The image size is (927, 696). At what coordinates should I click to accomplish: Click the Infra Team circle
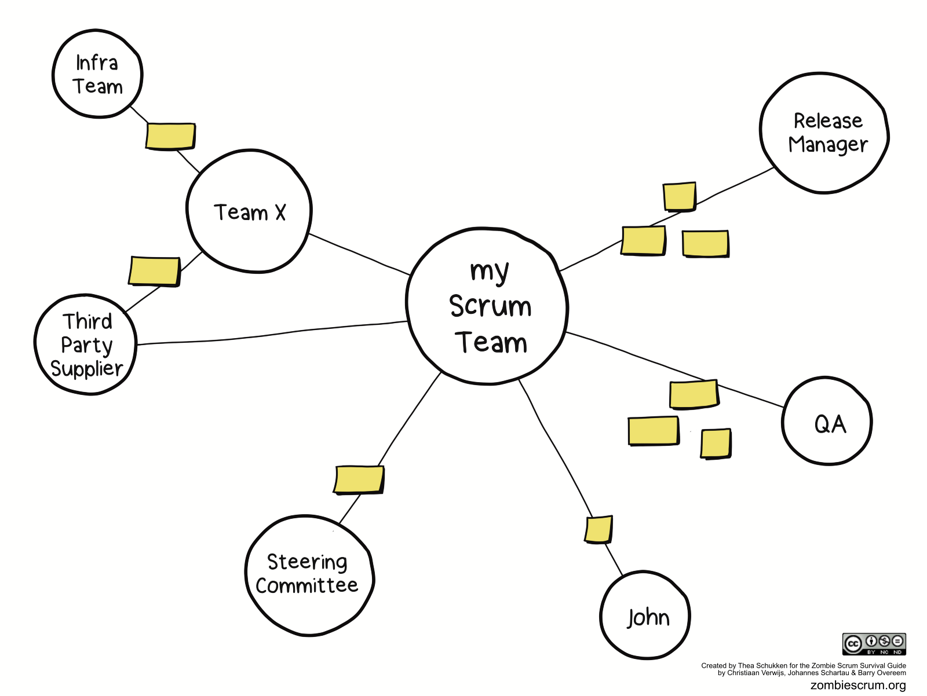97,74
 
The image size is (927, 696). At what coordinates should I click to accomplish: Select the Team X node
249,211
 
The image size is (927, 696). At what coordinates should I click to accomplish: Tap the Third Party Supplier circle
86,345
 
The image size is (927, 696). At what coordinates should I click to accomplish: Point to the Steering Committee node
309,576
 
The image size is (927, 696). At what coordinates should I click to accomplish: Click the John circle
645,616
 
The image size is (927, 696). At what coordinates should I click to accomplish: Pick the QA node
827,421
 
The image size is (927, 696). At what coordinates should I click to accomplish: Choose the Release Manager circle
824,133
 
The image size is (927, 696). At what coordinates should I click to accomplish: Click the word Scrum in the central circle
490,306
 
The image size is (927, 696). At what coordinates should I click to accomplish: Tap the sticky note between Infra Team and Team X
170,136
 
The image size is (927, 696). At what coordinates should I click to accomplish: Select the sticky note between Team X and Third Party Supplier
155,272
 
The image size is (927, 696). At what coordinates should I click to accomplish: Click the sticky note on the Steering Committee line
359,479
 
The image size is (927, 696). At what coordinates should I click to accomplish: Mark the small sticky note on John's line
599,529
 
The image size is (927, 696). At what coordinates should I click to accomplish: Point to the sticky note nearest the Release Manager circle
680,196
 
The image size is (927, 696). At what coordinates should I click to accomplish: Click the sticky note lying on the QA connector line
694,394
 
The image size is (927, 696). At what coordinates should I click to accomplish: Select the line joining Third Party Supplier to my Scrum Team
272,332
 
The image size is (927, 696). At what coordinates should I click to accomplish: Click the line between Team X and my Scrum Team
360,254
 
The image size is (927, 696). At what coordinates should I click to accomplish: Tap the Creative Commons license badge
874,644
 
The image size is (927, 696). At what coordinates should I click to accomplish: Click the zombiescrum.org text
858,684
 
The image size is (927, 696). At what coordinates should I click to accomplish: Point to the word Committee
306,586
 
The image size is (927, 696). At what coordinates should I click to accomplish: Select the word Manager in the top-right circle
828,145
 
